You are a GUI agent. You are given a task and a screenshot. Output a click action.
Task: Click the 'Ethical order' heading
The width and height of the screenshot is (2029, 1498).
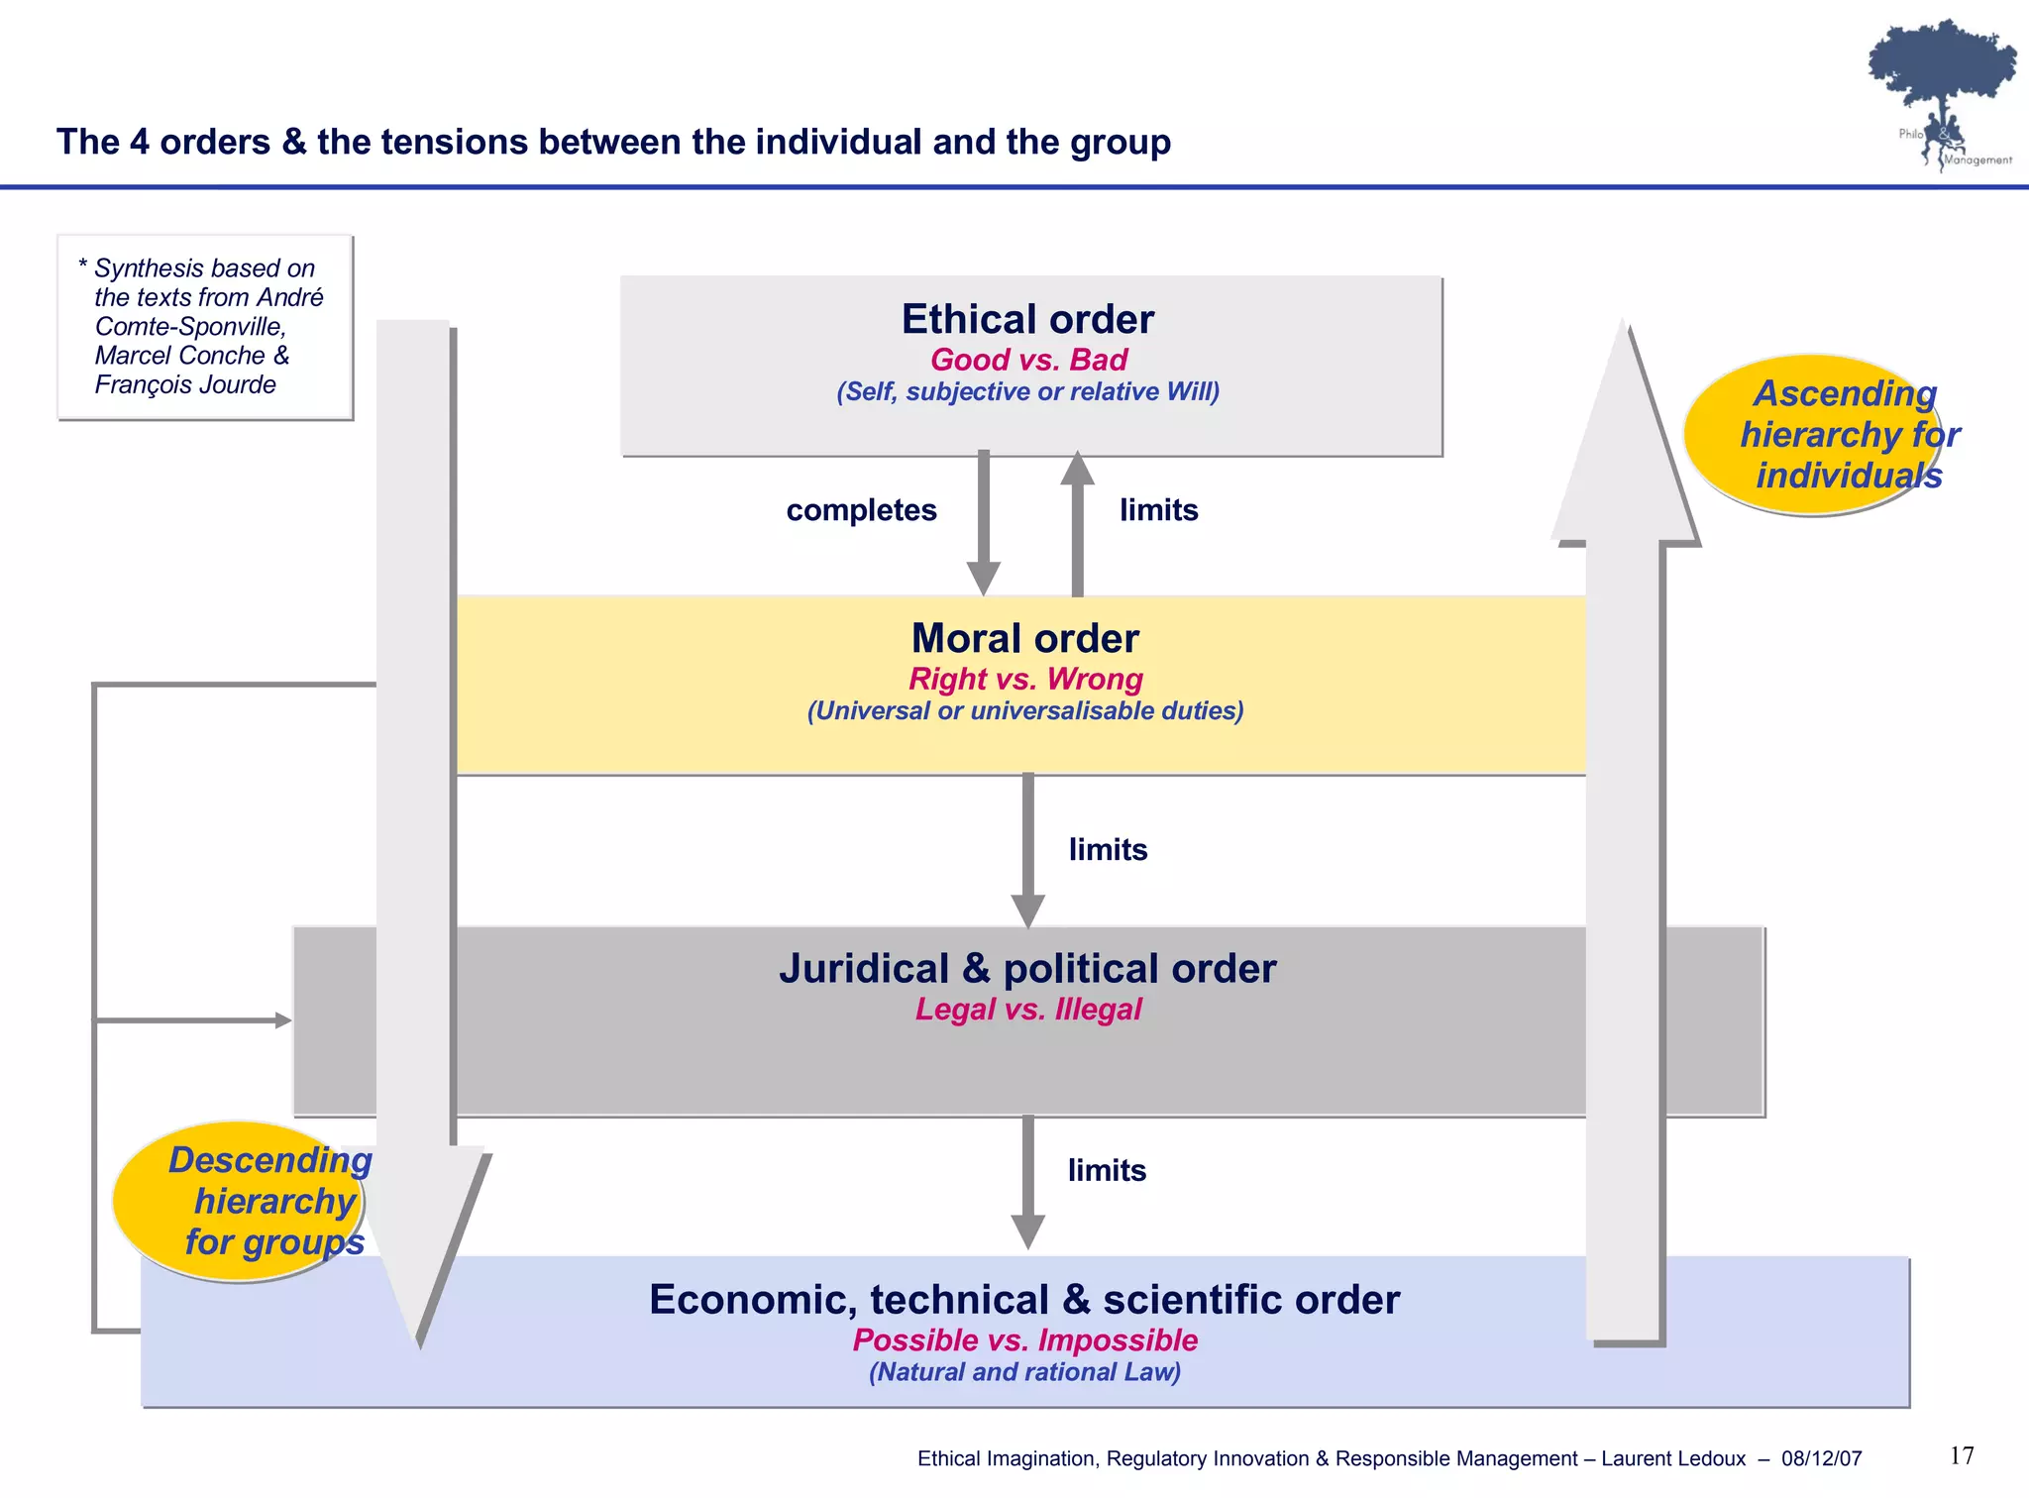coord(1027,319)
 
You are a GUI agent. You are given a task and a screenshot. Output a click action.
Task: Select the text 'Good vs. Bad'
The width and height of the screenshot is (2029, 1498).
coord(1028,360)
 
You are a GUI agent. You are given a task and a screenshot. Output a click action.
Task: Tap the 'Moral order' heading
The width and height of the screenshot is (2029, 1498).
coord(1024,638)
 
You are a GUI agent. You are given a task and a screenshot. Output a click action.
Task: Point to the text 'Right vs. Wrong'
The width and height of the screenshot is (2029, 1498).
coord(1025,679)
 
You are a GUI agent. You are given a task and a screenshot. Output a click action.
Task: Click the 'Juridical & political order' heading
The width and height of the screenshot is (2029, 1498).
coord(1027,968)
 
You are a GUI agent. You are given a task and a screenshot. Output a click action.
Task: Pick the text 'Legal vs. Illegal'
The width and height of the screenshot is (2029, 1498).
coord(1027,1010)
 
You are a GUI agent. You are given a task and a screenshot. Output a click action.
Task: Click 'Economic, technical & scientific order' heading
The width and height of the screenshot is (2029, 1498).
coord(1024,1299)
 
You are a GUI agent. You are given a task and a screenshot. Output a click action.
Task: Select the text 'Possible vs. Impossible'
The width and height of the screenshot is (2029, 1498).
coord(1024,1340)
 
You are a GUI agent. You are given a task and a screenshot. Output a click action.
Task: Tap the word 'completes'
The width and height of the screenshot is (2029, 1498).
coord(861,510)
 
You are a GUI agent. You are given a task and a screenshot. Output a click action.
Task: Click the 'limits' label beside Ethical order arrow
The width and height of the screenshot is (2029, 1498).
coord(1158,510)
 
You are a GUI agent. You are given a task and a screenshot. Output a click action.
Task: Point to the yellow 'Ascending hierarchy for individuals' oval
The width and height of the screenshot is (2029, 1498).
coord(1813,435)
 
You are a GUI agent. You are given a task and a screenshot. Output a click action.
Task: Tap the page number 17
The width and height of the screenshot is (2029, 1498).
coord(1962,1455)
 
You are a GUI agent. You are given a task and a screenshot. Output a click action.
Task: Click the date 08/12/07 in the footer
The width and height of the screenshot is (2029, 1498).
coord(1821,1458)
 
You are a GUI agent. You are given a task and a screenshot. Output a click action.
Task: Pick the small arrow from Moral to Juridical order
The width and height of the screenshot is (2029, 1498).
coord(1027,850)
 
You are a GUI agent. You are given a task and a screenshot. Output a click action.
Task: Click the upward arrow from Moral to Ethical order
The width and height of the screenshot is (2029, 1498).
coord(1077,523)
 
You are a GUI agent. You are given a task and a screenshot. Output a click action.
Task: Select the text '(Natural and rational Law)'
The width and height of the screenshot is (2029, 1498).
coord(1024,1372)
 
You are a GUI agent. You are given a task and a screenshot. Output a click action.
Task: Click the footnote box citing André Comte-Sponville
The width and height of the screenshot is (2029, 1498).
coord(205,327)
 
